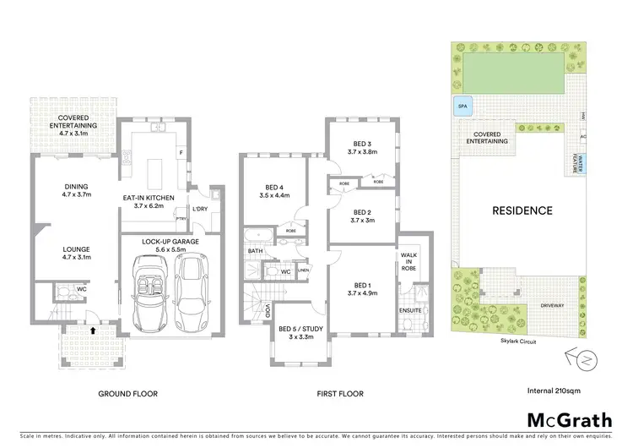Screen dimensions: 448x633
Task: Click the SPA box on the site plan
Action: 462,107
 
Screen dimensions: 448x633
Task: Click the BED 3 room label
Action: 361,147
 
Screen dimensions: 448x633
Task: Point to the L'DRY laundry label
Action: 200,209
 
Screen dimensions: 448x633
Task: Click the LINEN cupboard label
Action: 303,270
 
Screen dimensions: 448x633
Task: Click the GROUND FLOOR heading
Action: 127,393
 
